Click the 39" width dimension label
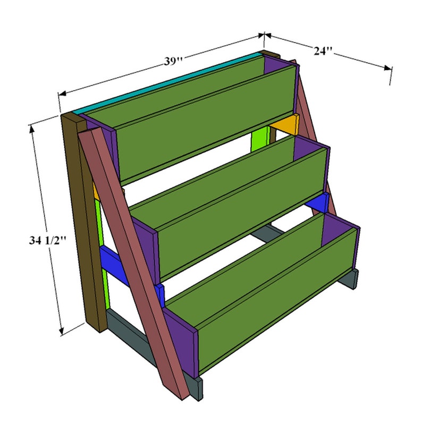[x=173, y=61]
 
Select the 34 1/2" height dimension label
[x=47, y=240]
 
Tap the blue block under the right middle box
[x=319, y=202]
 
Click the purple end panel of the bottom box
[x=181, y=343]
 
